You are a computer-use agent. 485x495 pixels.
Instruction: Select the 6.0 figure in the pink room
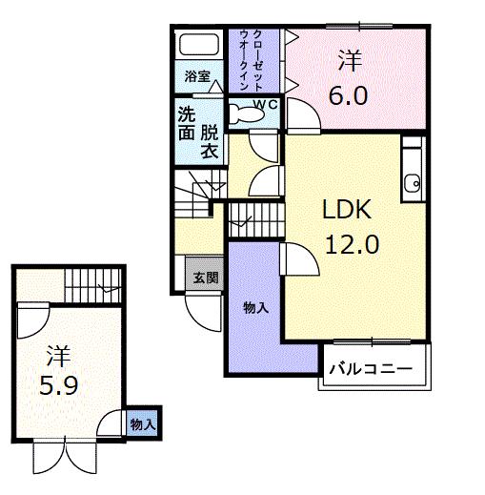[349, 96]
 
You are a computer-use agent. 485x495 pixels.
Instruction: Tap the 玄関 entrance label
[205, 278]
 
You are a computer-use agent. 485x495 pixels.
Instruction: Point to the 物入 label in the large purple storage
[254, 307]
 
